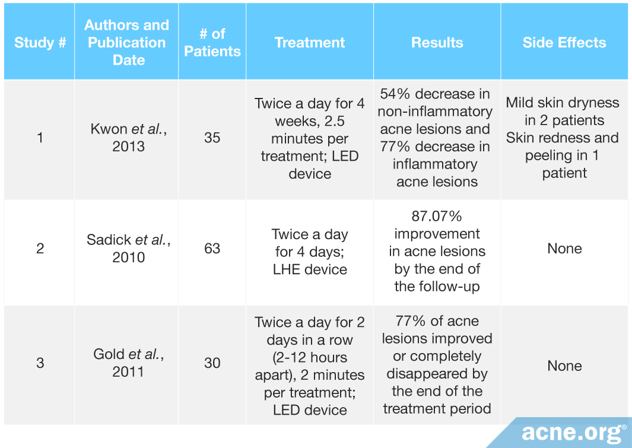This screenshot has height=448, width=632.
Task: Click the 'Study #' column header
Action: pyautogui.click(x=40, y=43)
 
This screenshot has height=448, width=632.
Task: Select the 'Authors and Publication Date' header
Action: pyautogui.click(x=126, y=43)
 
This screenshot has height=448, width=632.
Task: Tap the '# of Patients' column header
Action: pyautogui.click(x=212, y=43)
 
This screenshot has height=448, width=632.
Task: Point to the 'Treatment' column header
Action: pyautogui.click(x=310, y=43)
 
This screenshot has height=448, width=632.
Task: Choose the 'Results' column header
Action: pyautogui.click(x=437, y=43)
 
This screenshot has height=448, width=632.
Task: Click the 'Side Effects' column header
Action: pyautogui.click(x=564, y=43)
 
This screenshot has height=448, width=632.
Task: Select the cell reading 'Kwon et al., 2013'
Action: pyautogui.click(x=128, y=138)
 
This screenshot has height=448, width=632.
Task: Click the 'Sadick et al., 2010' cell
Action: pyautogui.click(x=128, y=248)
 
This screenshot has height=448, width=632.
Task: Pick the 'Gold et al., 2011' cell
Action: pyautogui.click(x=128, y=363)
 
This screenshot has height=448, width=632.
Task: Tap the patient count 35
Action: pyautogui.click(x=212, y=138)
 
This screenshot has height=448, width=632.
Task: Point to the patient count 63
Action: pyautogui.click(x=212, y=248)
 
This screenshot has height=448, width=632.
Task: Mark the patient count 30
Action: pyautogui.click(x=212, y=363)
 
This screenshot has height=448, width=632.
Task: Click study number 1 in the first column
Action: pyautogui.click(x=40, y=138)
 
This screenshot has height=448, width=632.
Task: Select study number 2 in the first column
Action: pyautogui.click(x=40, y=248)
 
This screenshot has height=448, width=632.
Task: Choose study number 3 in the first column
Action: pyautogui.click(x=40, y=363)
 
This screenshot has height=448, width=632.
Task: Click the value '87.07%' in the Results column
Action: pyautogui.click(x=437, y=217)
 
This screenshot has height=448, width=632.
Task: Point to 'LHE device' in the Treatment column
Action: pyautogui.click(x=310, y=269)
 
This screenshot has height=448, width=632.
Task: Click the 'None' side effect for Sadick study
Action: pyautogui.click(x=564, y=248)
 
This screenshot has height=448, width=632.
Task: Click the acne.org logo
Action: pyautogui.click(x=573, y=433)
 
